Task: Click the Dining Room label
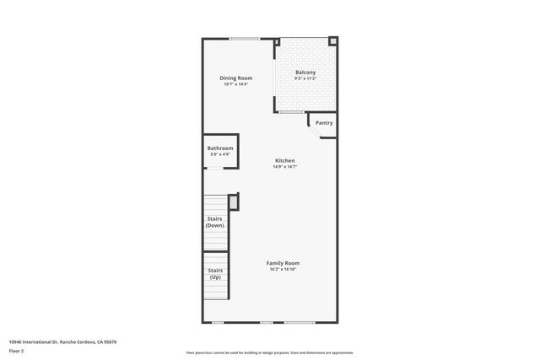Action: (236, 78)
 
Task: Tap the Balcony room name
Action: (305, 72)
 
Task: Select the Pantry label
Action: (324, 123)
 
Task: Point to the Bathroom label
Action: (220, 148)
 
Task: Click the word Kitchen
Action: (284, 160)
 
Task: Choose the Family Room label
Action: (284, 263)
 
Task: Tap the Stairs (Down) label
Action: (215, 222)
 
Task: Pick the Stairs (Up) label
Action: (215, 274)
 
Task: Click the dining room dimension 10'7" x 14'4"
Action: (236, 84)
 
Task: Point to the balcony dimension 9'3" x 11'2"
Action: (305, 78)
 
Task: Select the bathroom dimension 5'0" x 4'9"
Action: (220, 155)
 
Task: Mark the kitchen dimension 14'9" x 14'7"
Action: (284, 167)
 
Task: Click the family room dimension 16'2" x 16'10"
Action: (284, 270)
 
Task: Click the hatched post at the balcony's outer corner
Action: (333, 40)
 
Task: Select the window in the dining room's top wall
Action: (245, 38)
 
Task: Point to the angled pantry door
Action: (311, 123)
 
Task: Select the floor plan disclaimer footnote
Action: (269, 352)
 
